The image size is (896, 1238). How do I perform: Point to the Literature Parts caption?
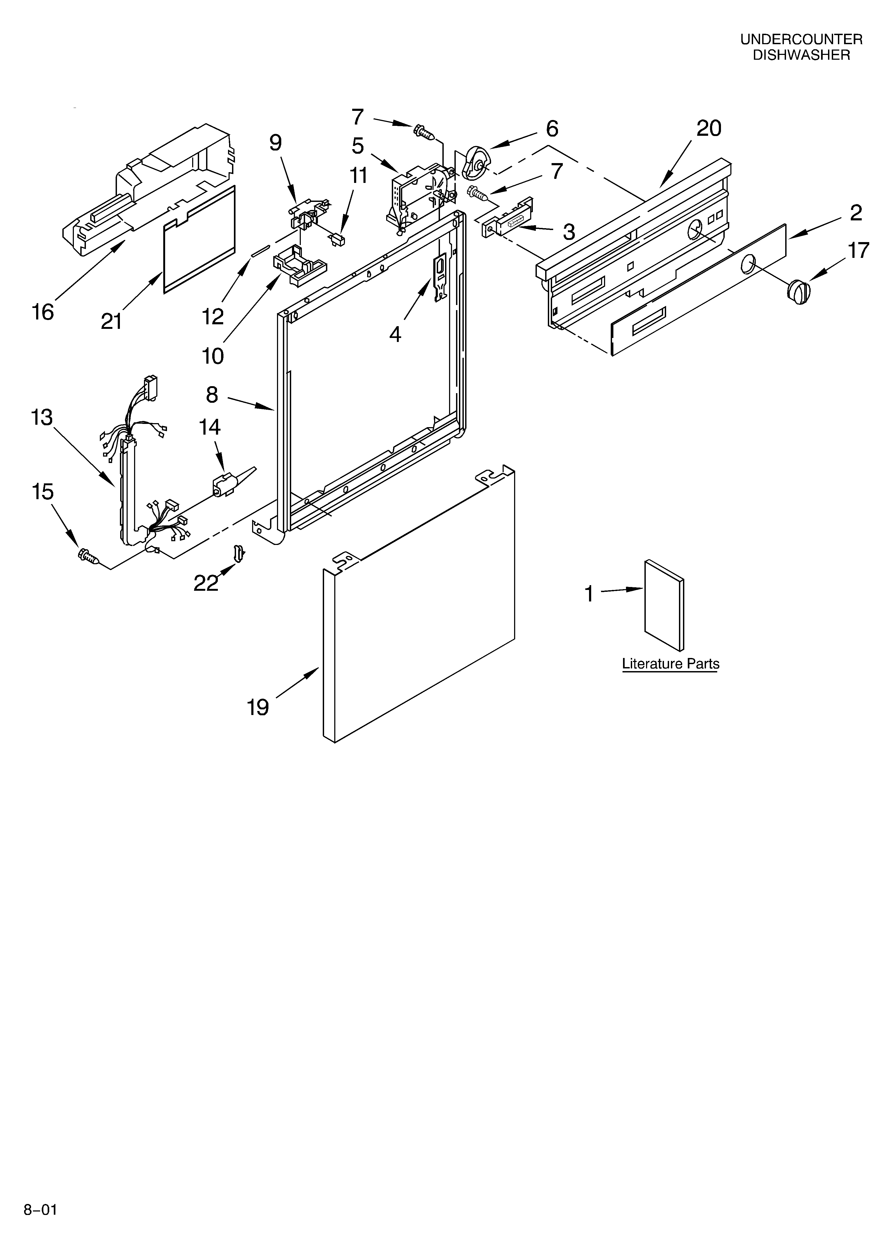pyautogui.click(x=670, y=664)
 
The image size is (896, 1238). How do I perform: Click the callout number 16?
pyautogui.click(x=43, y=312)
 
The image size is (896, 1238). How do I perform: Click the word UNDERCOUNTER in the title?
pyautogui.click(x=801, y=39)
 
